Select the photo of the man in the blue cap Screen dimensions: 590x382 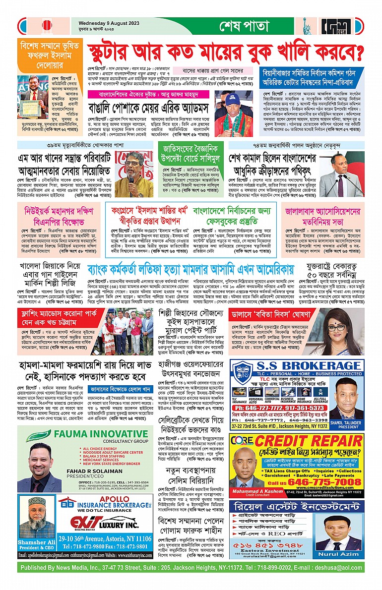point(231,115)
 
